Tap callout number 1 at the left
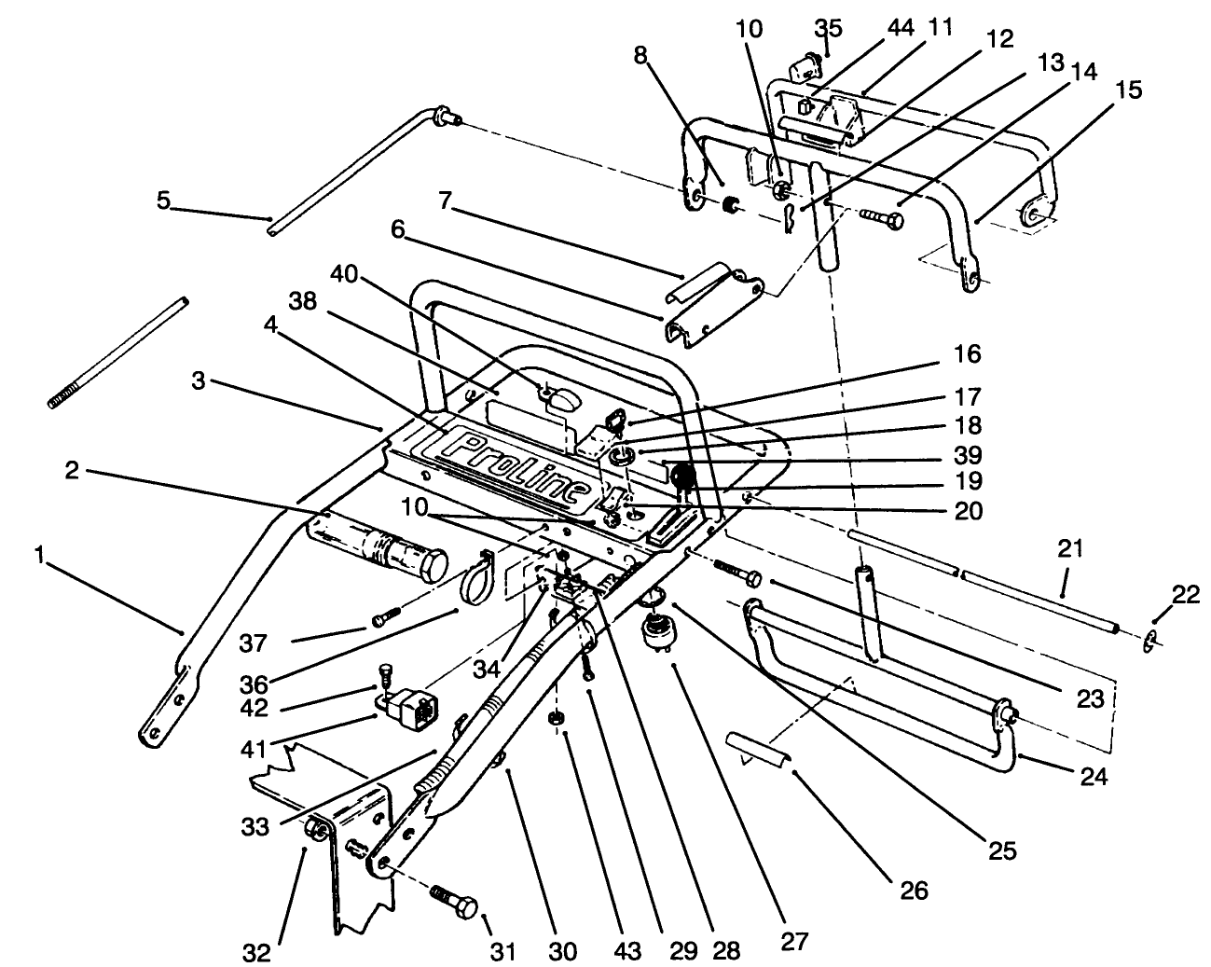coord(39,556)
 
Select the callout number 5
coord(164,200)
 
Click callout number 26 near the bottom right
coord(915,890)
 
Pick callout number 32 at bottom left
coord(257,952)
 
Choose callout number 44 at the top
coord(901,28)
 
